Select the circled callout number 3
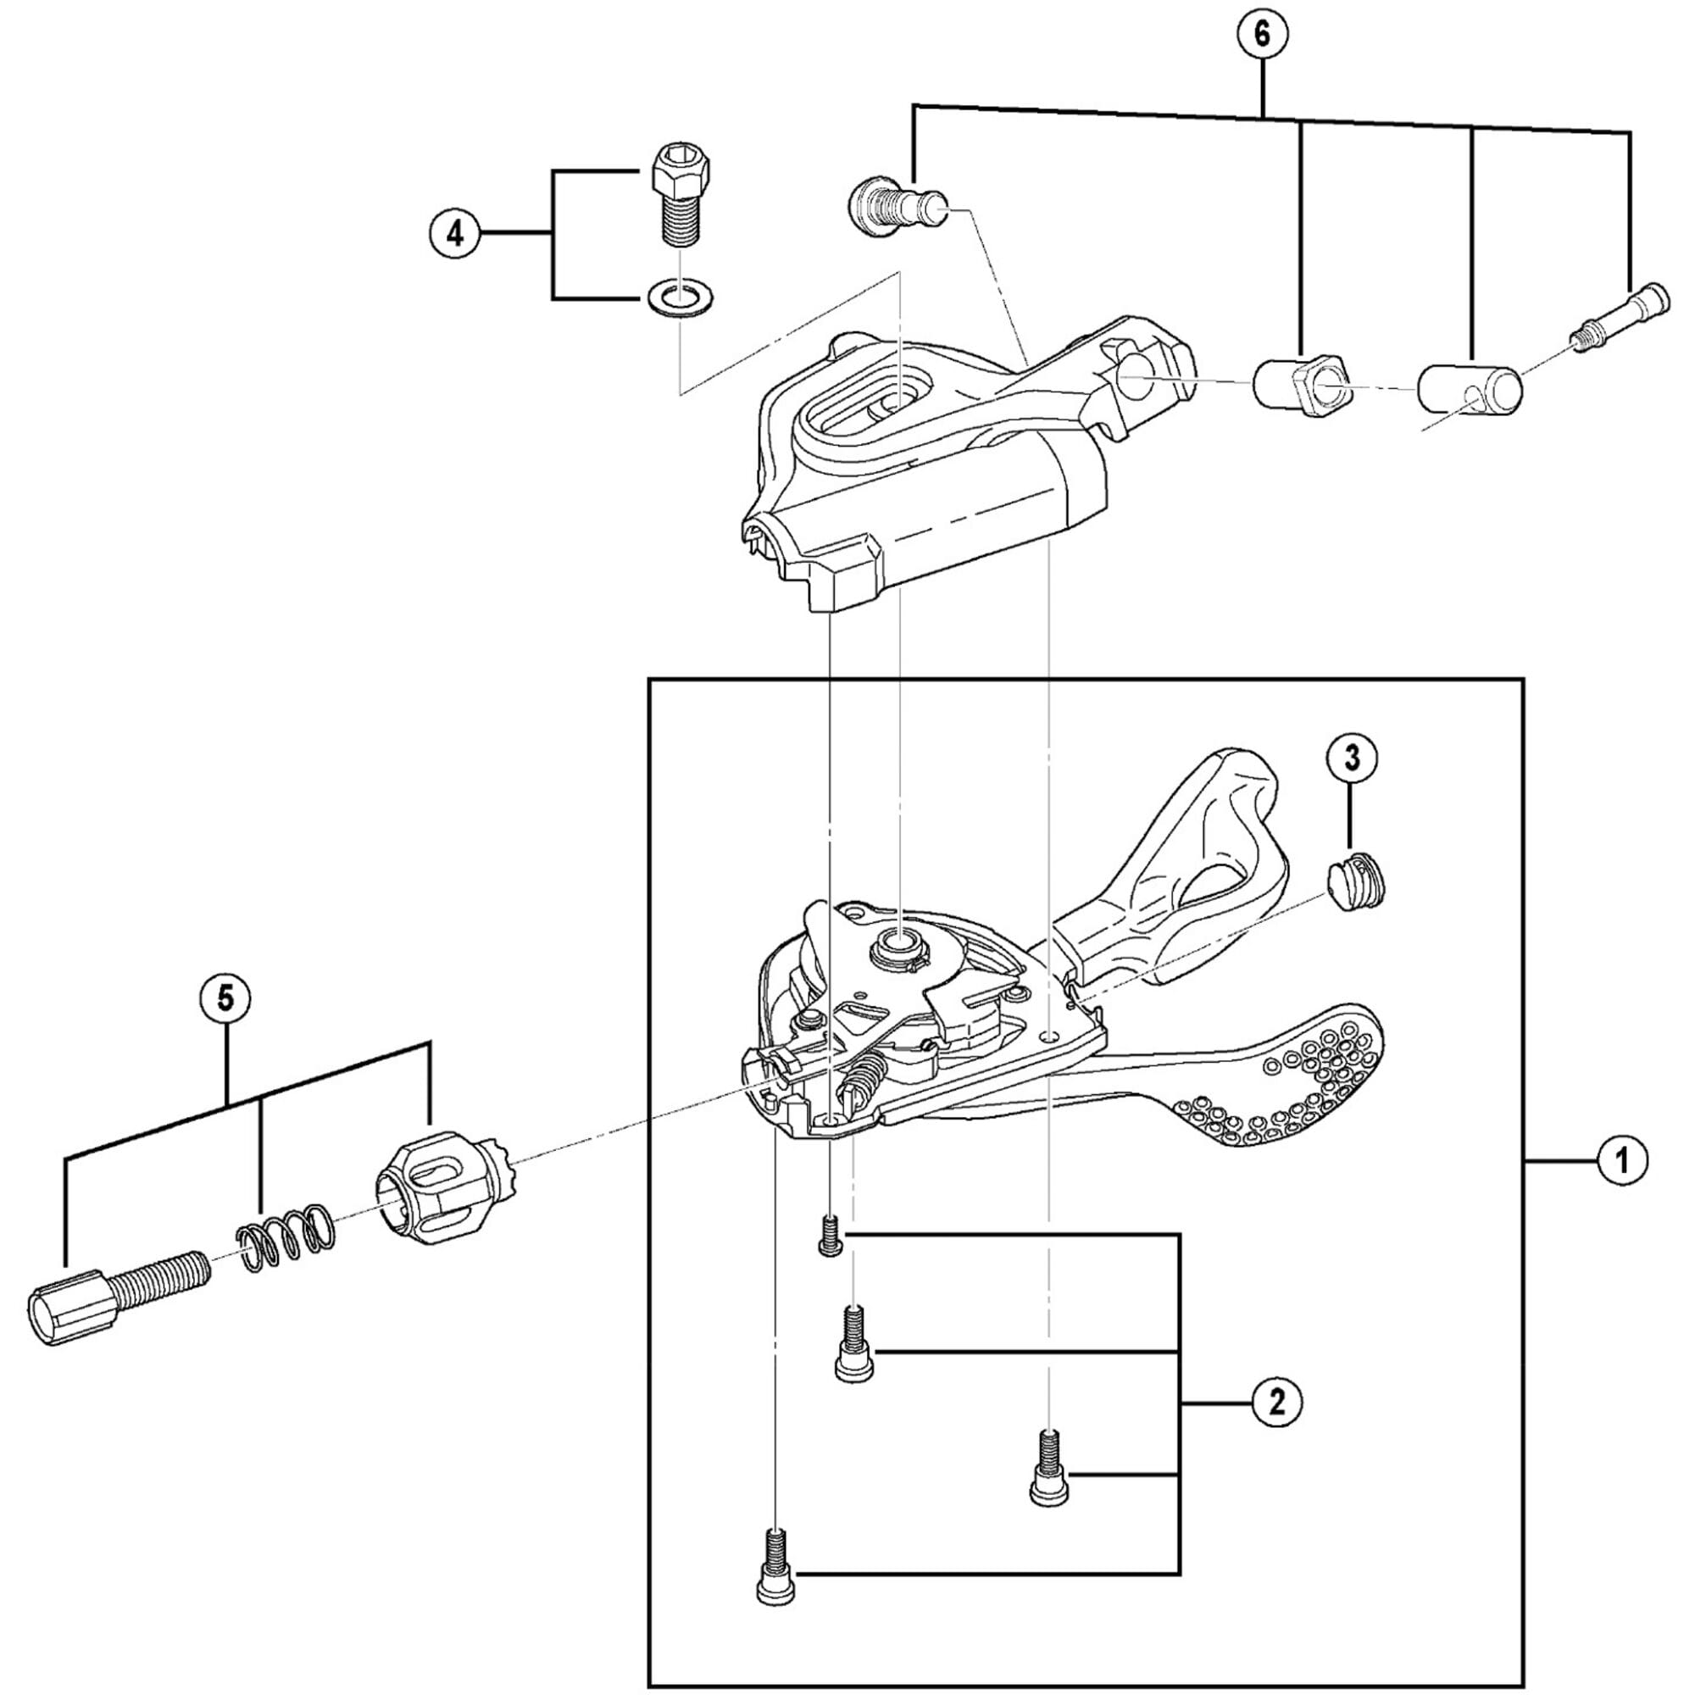click(x=1351, y=758)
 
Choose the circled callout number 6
click(x=1262, y=34)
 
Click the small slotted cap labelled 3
click(x=1354, y=881)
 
